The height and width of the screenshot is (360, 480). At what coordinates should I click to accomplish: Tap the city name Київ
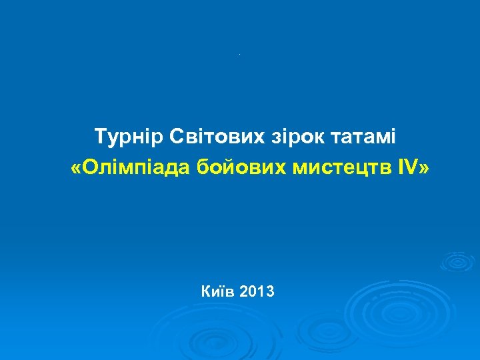(217, 291)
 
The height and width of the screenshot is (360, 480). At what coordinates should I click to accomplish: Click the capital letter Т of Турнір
(100, 137)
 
